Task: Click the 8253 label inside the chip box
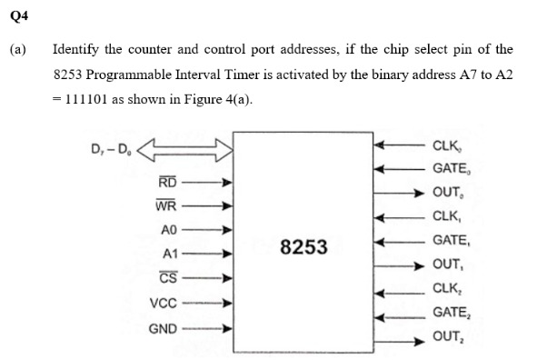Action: [x=304, y=246]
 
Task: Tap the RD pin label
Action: [x=167, y=183]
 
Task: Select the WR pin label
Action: [x=166, y=205]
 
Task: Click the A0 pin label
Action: [x=168, y=230]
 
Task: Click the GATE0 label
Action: [x=453, y=168]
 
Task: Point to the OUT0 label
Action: [x=451, y=193]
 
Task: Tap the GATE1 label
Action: [x=453, y=242]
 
